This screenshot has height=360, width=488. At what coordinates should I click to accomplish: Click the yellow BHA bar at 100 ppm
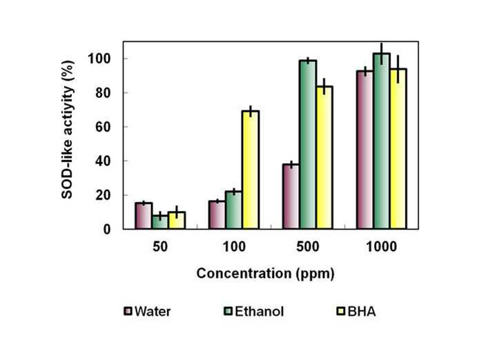click(251, 170)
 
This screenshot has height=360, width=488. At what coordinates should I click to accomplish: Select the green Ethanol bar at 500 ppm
click(308, 145)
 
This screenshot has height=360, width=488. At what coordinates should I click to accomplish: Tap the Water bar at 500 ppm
click(291, 197)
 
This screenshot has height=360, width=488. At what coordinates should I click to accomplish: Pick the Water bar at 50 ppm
click(144, 216)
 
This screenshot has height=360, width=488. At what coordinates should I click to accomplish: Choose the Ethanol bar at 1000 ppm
click(382, 141)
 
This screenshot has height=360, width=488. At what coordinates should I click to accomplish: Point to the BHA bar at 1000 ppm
click(398, 149)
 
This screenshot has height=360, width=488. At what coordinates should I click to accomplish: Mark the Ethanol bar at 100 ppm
click(234, 210)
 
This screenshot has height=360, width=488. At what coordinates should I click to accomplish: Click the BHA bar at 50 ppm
click(177, 221)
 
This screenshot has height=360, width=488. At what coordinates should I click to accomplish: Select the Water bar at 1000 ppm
click(364, 150)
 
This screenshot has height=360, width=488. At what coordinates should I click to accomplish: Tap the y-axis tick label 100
click(99, 59)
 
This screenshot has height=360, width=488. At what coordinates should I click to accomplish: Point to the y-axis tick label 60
click(103, 127)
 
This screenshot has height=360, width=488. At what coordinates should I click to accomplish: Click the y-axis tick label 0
click(107, 229)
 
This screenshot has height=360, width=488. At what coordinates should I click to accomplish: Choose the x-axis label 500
click(307, 247)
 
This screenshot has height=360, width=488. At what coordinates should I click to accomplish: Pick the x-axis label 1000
click(382, 247)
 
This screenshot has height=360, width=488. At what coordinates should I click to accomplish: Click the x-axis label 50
click(160, 247)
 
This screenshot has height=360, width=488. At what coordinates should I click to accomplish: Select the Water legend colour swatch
click(128, 311)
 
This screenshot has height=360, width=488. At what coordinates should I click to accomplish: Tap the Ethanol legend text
click(260, 312)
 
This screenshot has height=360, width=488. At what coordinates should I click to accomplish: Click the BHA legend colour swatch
click(341, 311)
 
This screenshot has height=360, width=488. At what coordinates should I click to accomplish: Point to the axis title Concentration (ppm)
click(266, 274)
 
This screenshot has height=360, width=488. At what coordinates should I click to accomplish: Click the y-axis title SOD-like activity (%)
click(67, 130)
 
